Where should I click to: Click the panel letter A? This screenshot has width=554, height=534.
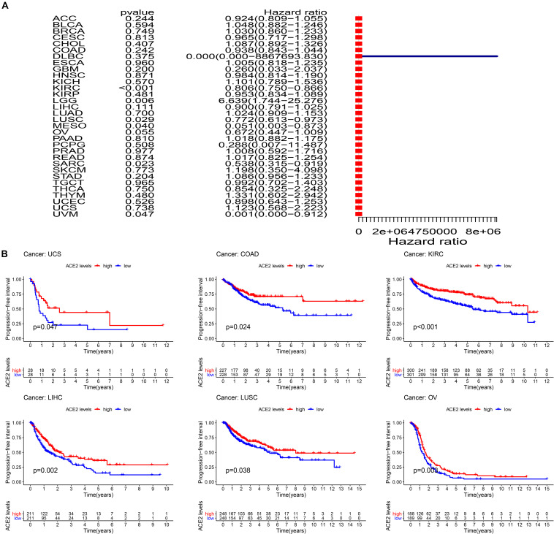tap(6, 5)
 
